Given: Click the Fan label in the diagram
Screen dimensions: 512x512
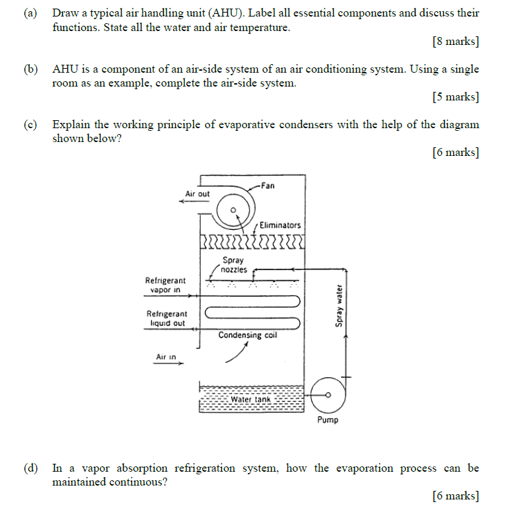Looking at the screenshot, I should point(268,186).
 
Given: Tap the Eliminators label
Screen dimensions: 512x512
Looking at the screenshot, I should point(279,225).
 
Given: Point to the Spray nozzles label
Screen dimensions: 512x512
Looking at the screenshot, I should point(234,265).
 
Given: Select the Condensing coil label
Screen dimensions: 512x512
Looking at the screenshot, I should point(248,335).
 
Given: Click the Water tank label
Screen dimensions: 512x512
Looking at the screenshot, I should point(250,400).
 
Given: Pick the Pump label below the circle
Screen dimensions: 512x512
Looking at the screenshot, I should point(327,420).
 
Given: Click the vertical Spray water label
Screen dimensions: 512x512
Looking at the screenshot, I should point(339,306).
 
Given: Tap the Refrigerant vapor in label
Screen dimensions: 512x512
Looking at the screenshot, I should point(165,285).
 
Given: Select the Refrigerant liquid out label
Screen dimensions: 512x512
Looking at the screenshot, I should point(166,318).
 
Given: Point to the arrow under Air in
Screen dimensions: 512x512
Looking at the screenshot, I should point(168,365).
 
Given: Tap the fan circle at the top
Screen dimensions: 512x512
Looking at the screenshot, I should point(233,210).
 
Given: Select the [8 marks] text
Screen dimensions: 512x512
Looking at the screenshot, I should point(455,42).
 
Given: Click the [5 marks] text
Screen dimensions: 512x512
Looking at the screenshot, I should point(455,97).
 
